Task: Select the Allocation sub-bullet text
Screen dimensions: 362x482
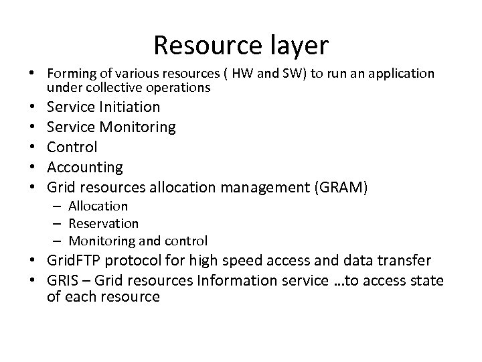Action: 98,206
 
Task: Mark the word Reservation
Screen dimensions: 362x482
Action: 104,223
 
